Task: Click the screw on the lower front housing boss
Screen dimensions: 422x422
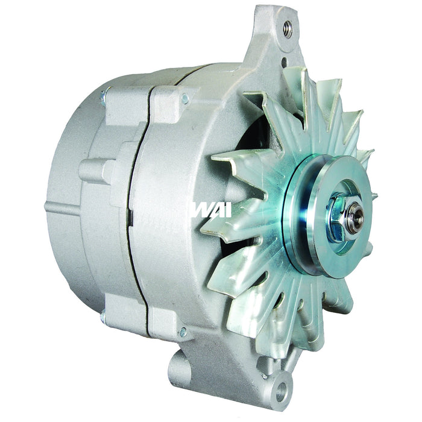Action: [183, 332]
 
